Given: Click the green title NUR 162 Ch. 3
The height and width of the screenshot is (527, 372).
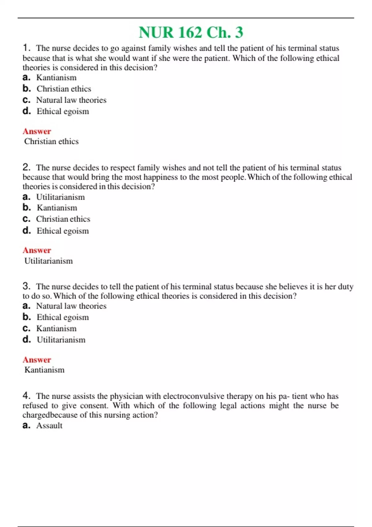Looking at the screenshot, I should tap(191, 33).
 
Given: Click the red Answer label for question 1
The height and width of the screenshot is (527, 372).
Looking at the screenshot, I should tap(37, 131).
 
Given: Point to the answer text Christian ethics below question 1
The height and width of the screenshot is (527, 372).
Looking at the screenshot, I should tap(51, 141).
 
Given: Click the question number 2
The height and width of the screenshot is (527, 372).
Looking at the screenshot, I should tap(26, 167).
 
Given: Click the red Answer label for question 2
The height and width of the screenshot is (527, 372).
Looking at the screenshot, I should tap(37, 250).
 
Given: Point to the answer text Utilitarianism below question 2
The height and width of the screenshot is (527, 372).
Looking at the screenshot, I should tap(48, 261).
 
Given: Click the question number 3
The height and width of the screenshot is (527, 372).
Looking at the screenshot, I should tap(26, 286).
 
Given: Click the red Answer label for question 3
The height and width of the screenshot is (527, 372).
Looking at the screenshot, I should tap(37, 360).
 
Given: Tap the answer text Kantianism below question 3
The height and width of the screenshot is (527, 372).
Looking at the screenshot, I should tap(44, 370).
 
